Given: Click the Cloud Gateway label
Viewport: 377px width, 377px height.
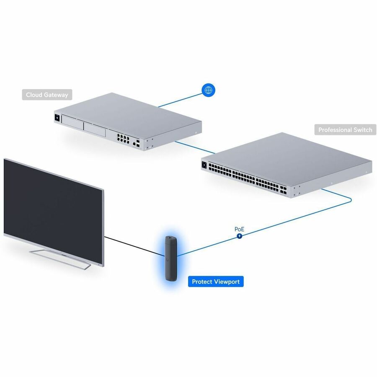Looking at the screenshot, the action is [x=47, y=95].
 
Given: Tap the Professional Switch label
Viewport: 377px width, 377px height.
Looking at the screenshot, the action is [x=345, y=130].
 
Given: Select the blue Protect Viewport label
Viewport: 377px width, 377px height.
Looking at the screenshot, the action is [x=216, y=281].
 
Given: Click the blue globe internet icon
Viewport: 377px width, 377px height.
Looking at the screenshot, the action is [x=209, y=90].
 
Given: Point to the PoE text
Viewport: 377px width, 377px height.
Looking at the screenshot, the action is [x=239, y=229].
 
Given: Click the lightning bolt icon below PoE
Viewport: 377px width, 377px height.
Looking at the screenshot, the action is [x=240, y=236].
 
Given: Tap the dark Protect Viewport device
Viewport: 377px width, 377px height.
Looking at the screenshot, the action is [x=171, y=258].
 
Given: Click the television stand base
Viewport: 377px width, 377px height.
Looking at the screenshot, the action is [x=60, y=259].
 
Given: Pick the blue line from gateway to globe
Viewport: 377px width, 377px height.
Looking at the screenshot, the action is [x=180, y=100].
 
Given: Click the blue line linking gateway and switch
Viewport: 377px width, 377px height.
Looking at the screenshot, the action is [x=195, y=147].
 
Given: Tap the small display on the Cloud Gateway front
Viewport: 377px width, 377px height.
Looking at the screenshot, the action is [x=57, y=118].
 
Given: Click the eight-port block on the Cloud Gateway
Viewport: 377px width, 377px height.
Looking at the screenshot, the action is [x=123, y=138].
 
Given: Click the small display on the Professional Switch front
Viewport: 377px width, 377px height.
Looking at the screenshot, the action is [x=204, y=165].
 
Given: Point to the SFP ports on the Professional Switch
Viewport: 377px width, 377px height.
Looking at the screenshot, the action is [x=283, y=189].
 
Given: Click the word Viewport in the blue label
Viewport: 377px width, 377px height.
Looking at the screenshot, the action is [x=227, y=281].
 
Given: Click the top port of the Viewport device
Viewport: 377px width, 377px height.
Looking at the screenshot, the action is [x=171, y=238].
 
